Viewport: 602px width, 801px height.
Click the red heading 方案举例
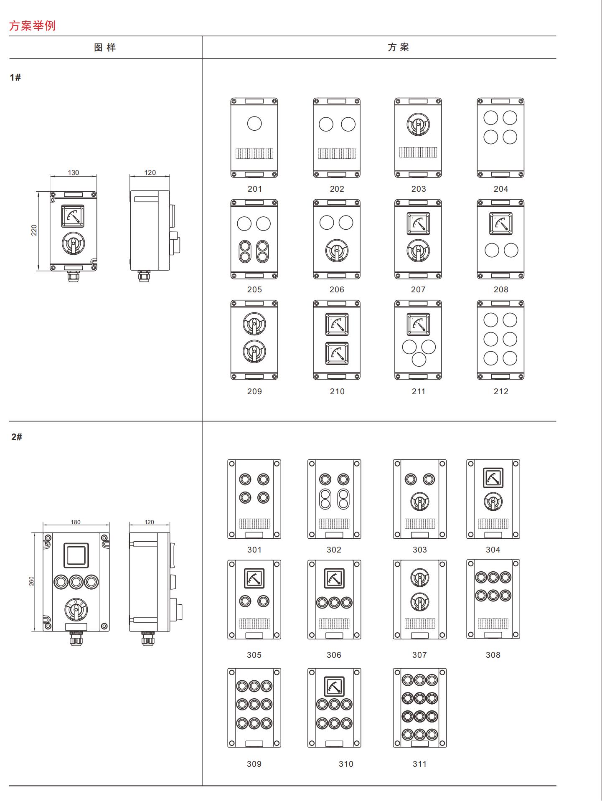[32, 26]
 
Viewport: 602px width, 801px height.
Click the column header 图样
[105, 48]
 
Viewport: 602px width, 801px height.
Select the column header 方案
[398, 47]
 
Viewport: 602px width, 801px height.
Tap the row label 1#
[15, 77]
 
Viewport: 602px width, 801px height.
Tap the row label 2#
[17, 437]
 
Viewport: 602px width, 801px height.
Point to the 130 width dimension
[74, 172]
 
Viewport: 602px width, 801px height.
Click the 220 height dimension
[34, 230]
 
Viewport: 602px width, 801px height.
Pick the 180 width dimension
[76, 522]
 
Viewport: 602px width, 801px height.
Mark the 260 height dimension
[31, 581]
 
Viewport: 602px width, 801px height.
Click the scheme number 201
[254, 189]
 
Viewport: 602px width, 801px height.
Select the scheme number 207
[418, 289]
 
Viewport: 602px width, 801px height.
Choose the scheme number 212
[501, 391]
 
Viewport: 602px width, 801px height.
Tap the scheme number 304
[493, 550]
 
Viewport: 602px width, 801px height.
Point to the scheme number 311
[419, 764]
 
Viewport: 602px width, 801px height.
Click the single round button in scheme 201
[254, 124]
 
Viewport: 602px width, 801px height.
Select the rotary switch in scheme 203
[418, 125]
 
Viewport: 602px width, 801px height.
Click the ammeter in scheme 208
[501, 223]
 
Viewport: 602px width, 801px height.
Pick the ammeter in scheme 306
[334, 578]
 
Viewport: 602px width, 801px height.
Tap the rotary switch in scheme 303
[419, 502]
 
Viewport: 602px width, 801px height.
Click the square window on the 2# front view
[76, 555]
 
